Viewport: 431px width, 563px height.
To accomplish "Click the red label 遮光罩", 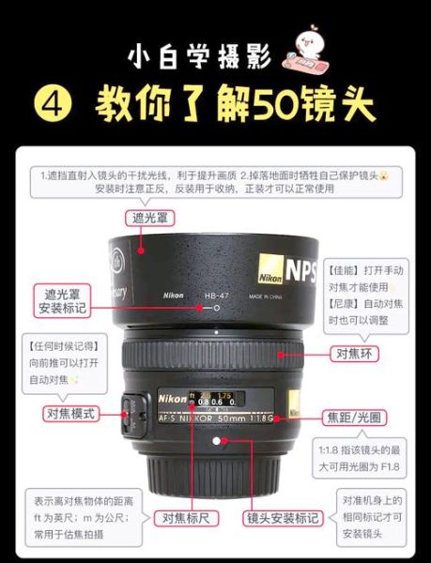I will [x=149, y=219].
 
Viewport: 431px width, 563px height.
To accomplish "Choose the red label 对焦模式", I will [x=71, y=413].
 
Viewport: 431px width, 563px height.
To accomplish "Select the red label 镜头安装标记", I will [x=282, y=517].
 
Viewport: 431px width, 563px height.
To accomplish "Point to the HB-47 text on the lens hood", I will [x=217, y=297].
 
